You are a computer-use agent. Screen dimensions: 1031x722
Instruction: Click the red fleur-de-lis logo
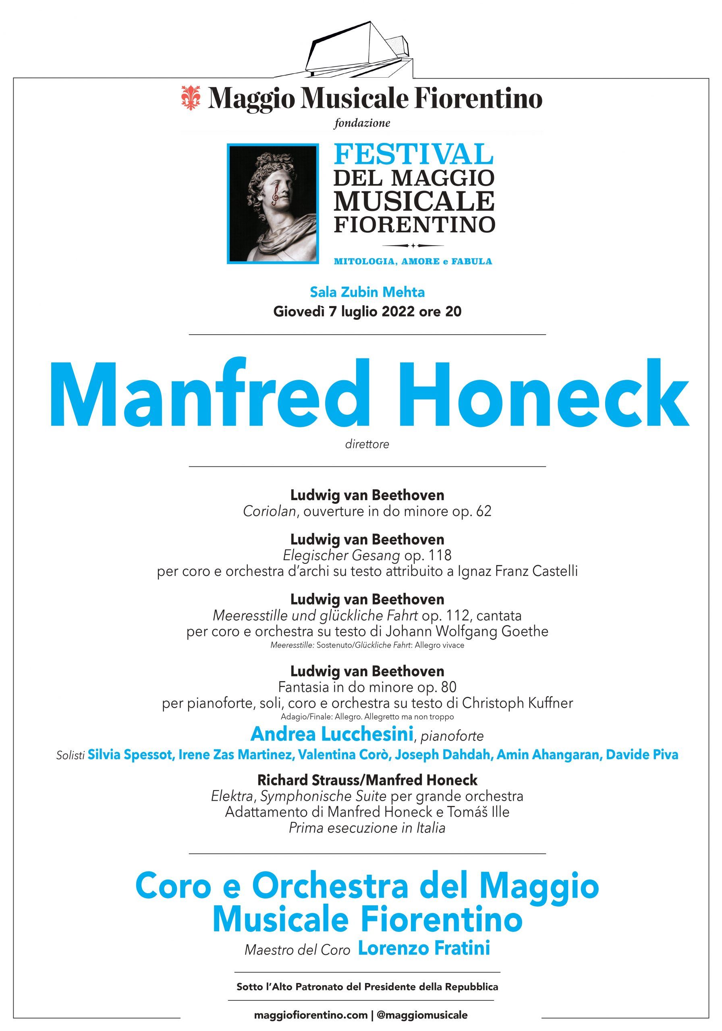click(x=191, y=98)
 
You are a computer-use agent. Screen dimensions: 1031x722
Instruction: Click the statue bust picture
click(x=273, y=203)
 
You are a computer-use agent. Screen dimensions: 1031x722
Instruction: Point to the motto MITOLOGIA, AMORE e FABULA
click(x=413, y=261)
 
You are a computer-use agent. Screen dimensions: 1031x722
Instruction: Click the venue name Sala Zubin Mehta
click(x=367, y=292)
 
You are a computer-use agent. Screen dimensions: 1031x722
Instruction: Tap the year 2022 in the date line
click(x=398, y=312)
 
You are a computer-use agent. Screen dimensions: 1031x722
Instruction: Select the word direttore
click(x=367, y=445)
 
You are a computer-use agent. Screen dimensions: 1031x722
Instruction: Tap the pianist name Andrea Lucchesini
click(x=332, y=734)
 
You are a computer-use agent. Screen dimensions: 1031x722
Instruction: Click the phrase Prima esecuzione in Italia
click(x=367, y=828)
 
